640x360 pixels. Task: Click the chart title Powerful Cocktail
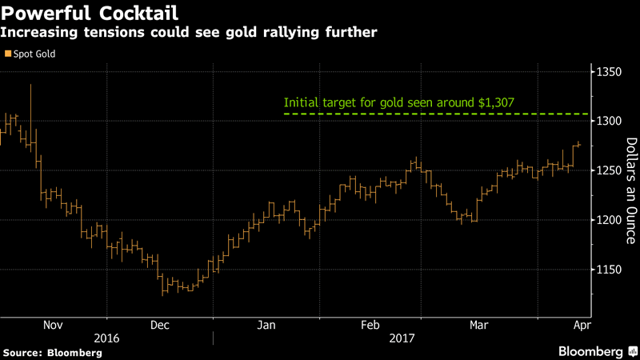[x=90, y=14]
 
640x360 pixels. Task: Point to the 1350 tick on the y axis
[x=609, y=72]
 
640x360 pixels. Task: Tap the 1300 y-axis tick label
[x=609, y=122]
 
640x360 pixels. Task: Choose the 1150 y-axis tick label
[x=609, y=270]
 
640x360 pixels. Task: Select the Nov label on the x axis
[x=52, y=325]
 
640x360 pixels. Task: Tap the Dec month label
[x=159, y=325]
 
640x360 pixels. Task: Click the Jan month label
[x=266, y=325]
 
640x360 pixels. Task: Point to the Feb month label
[x=370, y=325]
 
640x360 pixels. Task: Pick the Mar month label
[x=479, y=325]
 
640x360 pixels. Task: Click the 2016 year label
[x=106, y=338]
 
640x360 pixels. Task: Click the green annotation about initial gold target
[x=398, y=102]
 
